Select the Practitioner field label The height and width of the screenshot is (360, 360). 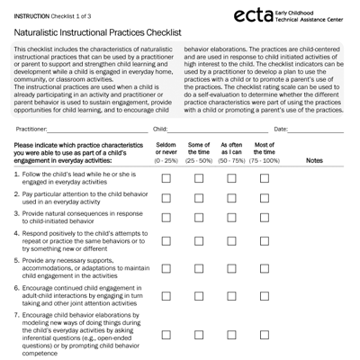32,130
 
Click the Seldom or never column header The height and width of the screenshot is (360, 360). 166,151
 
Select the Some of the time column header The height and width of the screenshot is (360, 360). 199,151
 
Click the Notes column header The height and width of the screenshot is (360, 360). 315,160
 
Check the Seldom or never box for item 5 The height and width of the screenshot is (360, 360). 166,272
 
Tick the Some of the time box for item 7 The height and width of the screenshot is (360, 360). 199,334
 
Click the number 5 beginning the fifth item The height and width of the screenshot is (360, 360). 16,260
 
